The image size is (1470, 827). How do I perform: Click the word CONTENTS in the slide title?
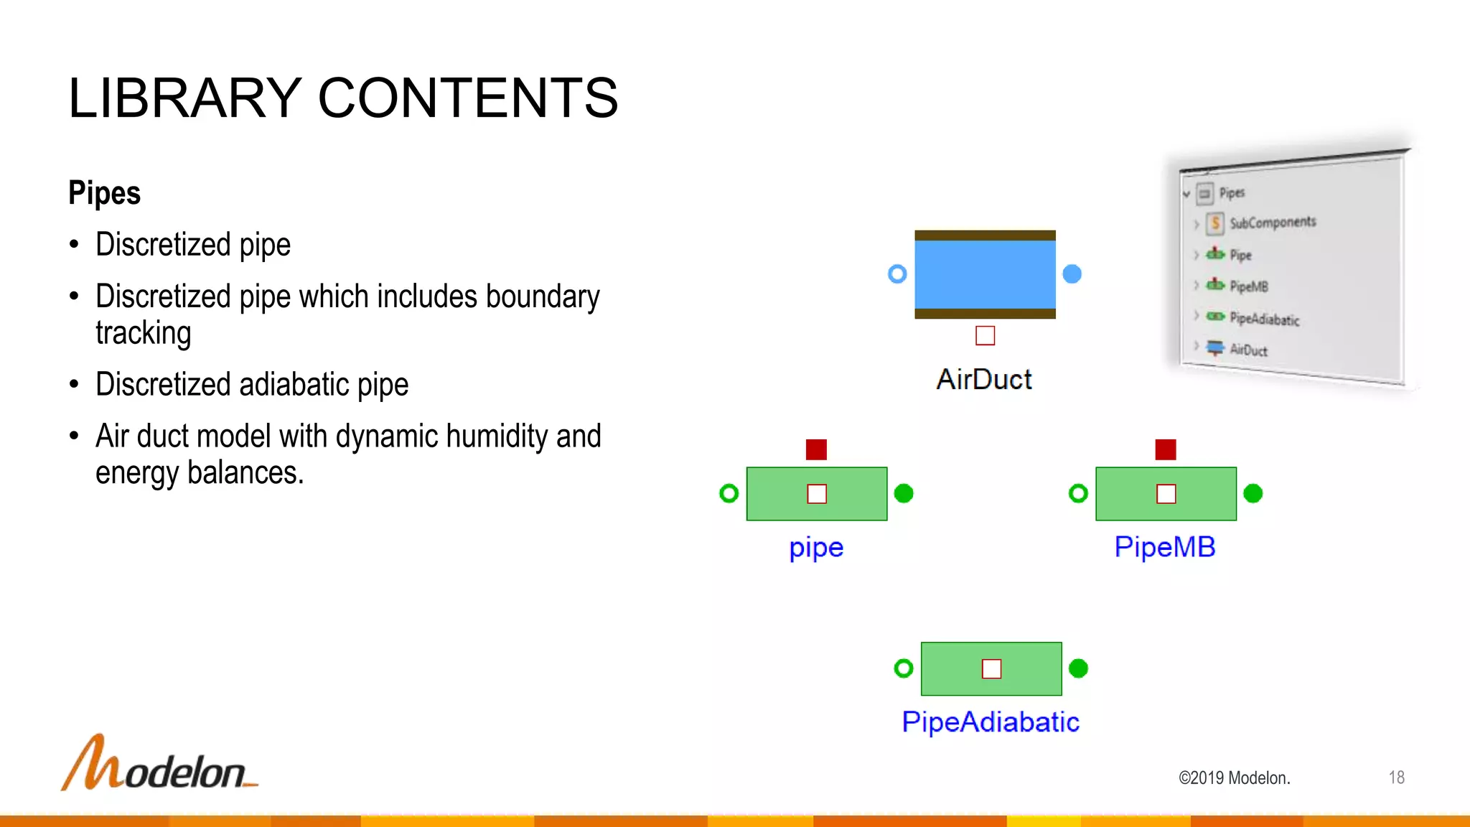point(467,98)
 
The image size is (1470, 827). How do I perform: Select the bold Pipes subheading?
point(104,193)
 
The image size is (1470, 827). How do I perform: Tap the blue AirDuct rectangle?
point(985,275)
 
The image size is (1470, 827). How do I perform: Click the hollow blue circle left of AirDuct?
point(897,274)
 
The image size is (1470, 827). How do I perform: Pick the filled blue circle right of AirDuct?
point(1072,274)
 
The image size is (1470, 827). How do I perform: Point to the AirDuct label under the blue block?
point(984,379)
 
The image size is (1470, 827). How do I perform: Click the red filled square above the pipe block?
point(816,449)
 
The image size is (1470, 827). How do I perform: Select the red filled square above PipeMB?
point(1166,449)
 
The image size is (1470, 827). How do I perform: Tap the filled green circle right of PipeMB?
point(1253,493)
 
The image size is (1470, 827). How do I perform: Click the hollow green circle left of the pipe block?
point(729,493)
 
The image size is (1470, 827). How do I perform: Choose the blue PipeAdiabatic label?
point(991,721)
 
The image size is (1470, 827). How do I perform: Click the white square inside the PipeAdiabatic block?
point(991,668)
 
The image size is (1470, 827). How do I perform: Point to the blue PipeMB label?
point(1165,547)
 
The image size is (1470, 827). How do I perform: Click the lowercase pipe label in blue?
point(816,548)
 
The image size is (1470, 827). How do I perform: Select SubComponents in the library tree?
point(1272,223)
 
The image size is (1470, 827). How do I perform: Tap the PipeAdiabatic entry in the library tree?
point(1263,319)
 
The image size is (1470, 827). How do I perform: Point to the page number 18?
point(1396,777)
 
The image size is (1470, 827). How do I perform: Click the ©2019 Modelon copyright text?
point(1234,778)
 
